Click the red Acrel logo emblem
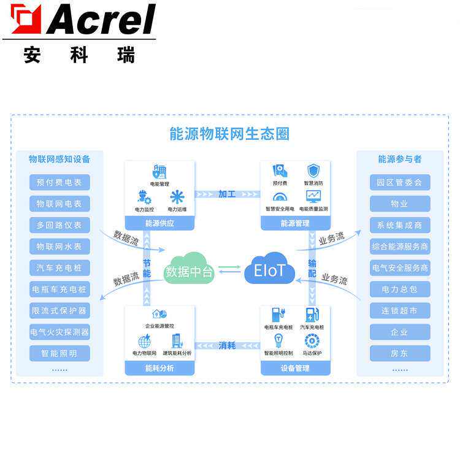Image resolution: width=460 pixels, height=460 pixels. pyautogui.click(x=26, y=19)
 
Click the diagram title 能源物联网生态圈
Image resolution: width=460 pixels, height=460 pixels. pyautogui.click(x=229, y=134)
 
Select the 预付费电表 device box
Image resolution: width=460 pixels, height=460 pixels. pyautogui.click(x=59, y=182)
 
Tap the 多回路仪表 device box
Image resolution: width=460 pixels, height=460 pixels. pyautogui.click(x=59, y=225)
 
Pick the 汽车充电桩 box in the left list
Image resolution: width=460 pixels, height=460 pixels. pyautogui.click(x=59, y=268)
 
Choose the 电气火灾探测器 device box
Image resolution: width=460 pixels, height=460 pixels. pyautogui.click(x=59, y=332)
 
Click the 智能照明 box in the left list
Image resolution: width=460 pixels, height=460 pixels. pyautogui.click(x=59, y=353)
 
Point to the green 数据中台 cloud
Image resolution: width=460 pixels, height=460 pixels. pyautogui.click(x=190, y=269)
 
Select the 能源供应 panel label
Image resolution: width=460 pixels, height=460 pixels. pyautogui.click(x=159, y=223)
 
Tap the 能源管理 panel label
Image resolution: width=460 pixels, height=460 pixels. pyautogui.click(x=296, y=223)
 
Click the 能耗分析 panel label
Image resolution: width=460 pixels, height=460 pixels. pyautogui.click(x=159, y=368)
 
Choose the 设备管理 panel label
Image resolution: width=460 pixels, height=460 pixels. pyautogui.click(x=296, y=368)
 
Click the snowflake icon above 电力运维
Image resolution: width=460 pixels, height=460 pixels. pyautogui.click(x=177, y=197)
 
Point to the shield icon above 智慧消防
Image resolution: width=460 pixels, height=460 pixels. pyautogui.click(x=313, y=171)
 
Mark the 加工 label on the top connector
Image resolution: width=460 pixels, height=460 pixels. pyautogui.click(x=227, y=194)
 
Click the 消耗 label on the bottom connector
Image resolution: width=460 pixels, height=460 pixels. pyautogui.click(x=227, y=345)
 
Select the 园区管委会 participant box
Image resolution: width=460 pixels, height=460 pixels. pyautogui.click(x=400, y=182)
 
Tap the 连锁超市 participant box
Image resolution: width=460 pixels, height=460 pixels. pyautogui.click(x=400, y=310)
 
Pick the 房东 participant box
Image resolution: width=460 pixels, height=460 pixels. pyautogui.click(x=400, y=353)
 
